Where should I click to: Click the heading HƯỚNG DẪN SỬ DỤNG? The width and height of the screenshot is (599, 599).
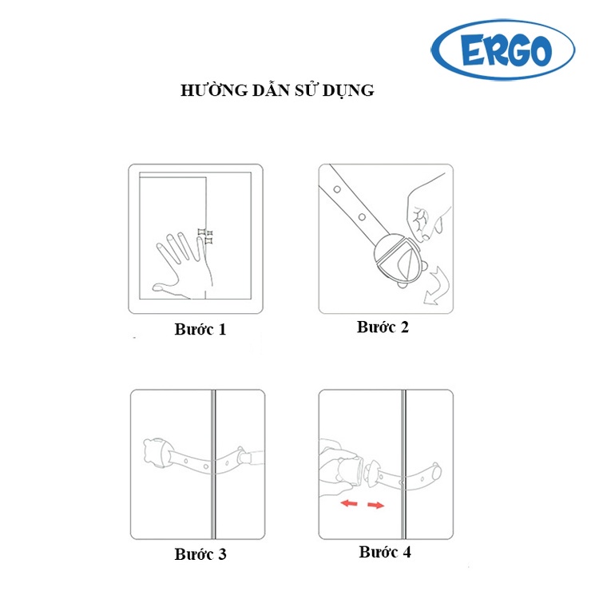[x=278, y=90]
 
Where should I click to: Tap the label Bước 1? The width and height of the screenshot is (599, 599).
[x=200, y=328]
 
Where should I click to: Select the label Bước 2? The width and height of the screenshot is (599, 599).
[x=383, y=327]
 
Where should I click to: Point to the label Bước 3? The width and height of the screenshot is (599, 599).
[x=200, y=553]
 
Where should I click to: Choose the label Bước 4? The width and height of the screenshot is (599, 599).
[x=385, y=552]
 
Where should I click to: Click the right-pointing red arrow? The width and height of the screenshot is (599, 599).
[x=377, y=505]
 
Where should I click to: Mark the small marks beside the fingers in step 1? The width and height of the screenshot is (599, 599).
[x=205, y=236]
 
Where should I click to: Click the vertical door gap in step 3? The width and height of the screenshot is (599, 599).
[x=213, y=463]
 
